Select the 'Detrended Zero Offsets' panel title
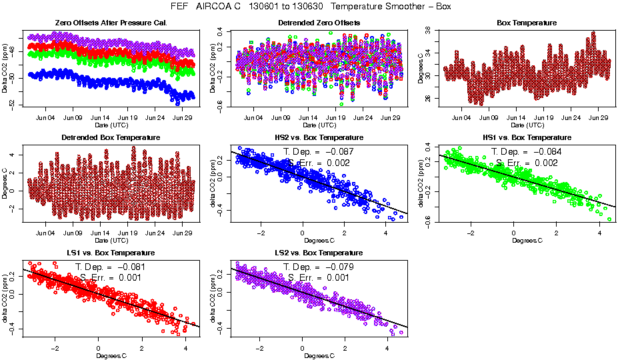point(319,23)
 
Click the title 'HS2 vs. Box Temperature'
point(319,137)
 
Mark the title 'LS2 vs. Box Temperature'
point(319,253)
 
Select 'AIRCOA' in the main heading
point(213,6)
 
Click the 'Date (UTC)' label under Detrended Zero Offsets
point(319,125)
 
